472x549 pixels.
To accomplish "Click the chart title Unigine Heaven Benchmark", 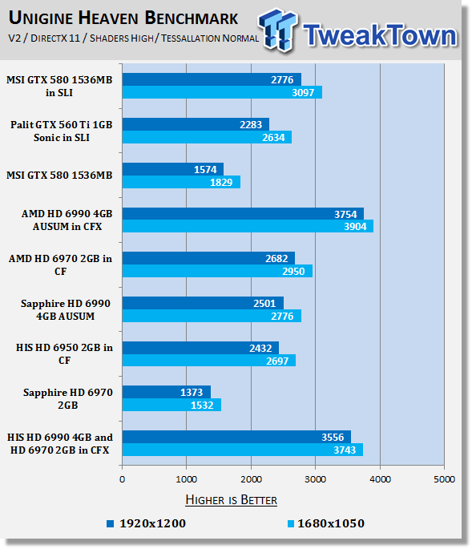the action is (123, 18).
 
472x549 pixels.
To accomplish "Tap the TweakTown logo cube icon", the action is (278, 30).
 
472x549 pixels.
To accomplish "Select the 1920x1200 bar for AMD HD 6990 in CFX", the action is (243, 213).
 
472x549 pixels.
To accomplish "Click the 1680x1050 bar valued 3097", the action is (222, 92).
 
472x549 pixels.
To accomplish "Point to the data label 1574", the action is (205, 169).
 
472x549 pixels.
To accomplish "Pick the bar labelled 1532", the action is (171, 405).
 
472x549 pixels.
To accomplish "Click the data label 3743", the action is (345, 450).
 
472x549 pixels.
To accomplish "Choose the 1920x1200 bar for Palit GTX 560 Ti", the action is (196, 124).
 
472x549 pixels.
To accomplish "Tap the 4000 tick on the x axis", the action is (380, 479).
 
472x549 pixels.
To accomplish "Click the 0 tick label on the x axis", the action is (122, 479).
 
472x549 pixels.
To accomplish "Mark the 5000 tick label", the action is (444, 479).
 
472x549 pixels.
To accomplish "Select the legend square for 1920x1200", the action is (111, 523).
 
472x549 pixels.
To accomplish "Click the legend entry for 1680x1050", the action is (325, 523).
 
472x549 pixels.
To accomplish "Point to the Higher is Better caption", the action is (231, 500).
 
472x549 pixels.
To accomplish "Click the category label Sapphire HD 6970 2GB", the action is (68, 398).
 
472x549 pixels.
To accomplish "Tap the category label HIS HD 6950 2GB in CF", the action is (64, 353).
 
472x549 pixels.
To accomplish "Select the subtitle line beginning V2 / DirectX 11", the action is (133, 38).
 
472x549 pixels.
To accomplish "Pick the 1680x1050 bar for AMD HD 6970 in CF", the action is (217, 271).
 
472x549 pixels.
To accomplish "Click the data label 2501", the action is (264, 303).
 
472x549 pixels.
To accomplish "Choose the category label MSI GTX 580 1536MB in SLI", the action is (59, 86).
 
